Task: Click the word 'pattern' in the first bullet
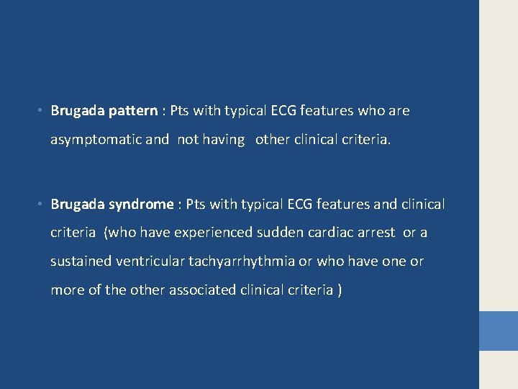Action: pos(133,111)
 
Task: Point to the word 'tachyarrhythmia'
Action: pos(238,261)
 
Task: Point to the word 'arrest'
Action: pos(376,233)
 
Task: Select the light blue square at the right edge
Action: pos(499,331)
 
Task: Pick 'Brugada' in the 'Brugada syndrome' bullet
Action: pos(78,205)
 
